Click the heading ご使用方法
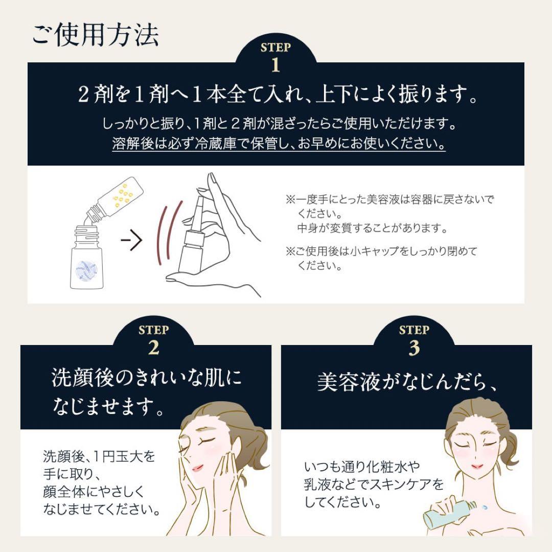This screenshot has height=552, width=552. (95, 35)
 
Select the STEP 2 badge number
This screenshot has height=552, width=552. (153, 348)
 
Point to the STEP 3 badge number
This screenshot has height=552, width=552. (414, 348)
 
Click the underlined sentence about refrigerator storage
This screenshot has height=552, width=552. (279, 144)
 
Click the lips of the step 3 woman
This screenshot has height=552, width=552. (477, 466)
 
